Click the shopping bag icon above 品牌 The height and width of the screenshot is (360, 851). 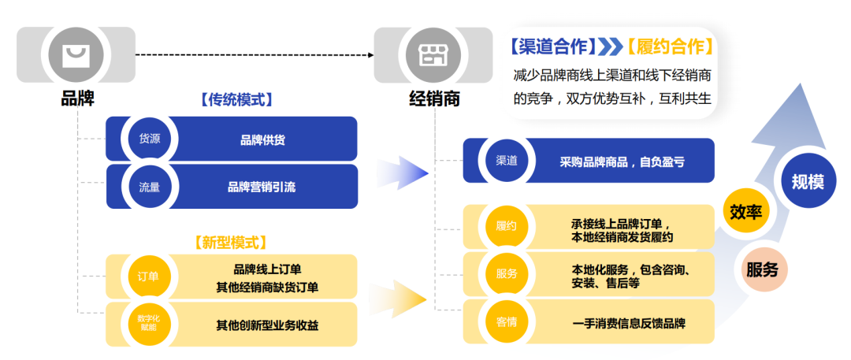(x=76, y=54)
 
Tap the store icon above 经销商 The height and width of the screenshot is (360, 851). (x=433, y=54)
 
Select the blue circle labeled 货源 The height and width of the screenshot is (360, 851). (x=150, y=139)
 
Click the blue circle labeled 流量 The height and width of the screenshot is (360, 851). (x=150, y=187)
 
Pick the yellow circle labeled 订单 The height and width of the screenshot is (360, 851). (x=149, y=276)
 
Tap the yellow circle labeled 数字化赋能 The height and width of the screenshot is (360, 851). (x=149, y=323)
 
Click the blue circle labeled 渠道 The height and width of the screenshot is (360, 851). (x=506, y=161)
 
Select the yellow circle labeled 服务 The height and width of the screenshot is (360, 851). (x=506, y=274)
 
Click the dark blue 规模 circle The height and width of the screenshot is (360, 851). (x=808, y=182)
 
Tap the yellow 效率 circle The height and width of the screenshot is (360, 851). (x=745, y=212)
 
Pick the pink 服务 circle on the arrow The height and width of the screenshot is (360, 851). (x=762, y=269)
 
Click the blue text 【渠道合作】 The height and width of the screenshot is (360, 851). (x=551, y=46)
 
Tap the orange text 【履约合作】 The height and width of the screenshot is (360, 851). (x=671, y=46)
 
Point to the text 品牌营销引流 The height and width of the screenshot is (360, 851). (x=262, y=187)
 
